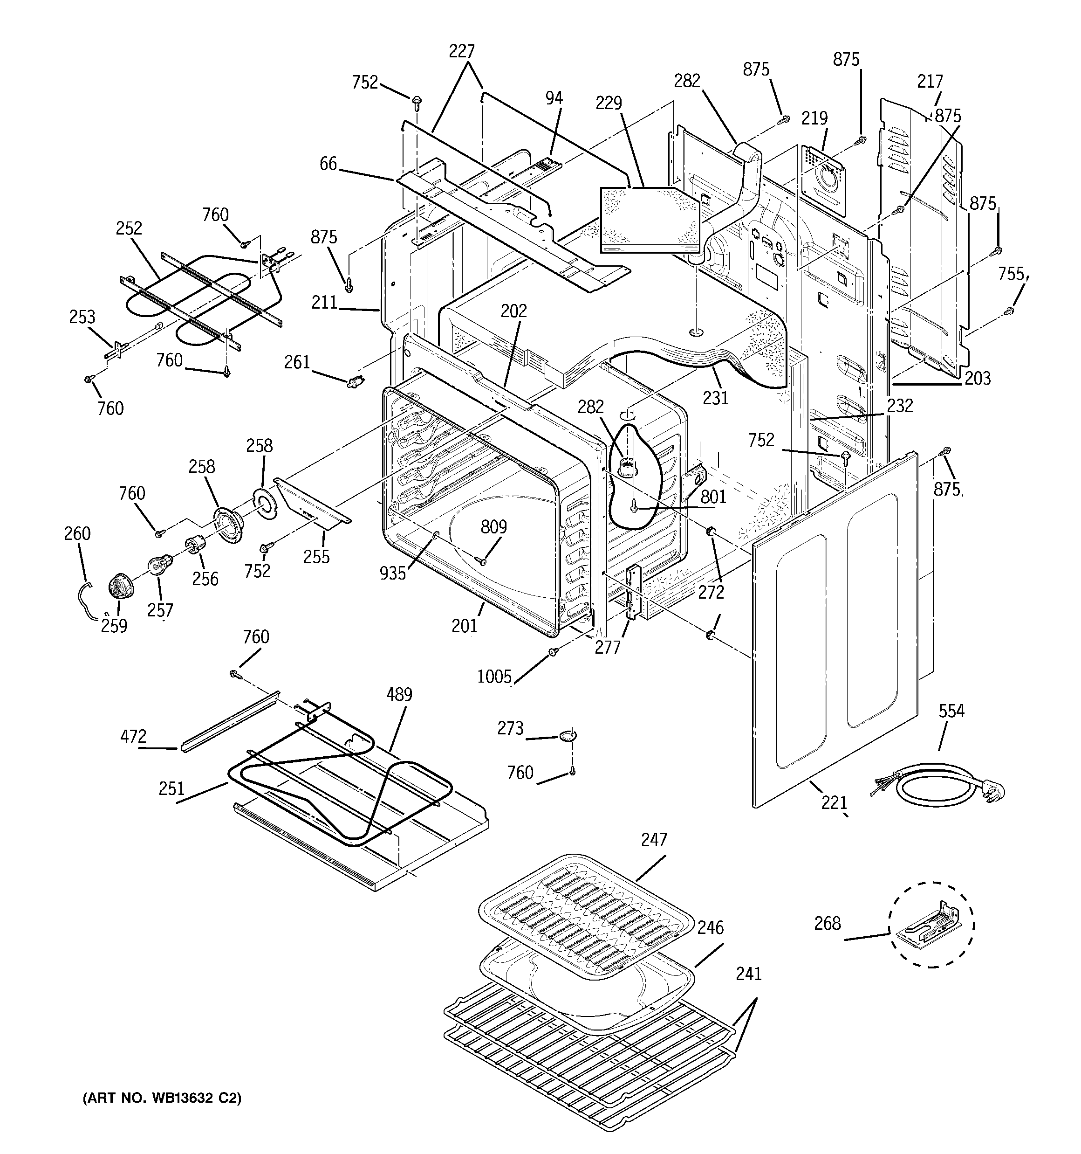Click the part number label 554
[951, 711]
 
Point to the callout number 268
[827, 923]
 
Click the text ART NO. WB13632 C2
[162, 1098]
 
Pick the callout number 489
[399, 694]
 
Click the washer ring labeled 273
[567, 736]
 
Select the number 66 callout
[328, 164]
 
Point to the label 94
[554, 98]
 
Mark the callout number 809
[494, 526]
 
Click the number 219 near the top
[814, 118]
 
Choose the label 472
[133, 737]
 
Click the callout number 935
[392, 573]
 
